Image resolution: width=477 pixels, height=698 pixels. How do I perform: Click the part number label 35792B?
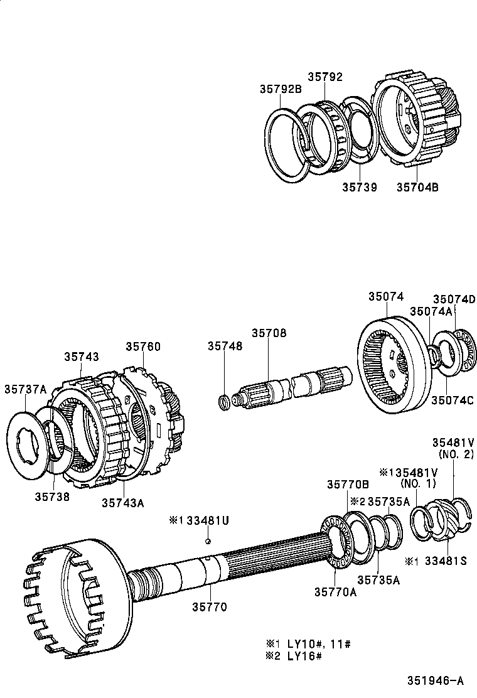click(281, 89)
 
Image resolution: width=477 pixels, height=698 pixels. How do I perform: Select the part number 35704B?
click(417, 186)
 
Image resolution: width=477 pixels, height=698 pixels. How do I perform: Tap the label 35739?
click(360, 186)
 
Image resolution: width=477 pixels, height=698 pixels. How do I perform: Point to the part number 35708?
click(269, 333)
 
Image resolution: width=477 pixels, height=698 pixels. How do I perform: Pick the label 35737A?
click(25, 389)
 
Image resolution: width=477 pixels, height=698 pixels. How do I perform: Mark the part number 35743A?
click(123, 502)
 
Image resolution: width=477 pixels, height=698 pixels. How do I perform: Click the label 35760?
click(142, 346)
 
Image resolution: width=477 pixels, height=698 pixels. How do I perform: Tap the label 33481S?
click(444, 561)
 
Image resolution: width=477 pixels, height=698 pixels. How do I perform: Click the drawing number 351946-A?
click(434, 680)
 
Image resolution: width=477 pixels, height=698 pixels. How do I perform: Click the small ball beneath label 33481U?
click(208, 541)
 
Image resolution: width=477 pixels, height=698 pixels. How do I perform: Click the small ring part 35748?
click(223, 400)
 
